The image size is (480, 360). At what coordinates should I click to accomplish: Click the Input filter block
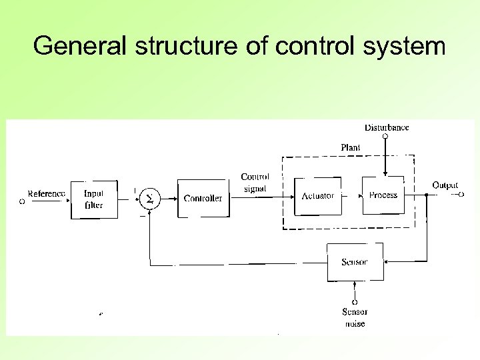94,199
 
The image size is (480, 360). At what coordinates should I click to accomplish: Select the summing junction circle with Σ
150,198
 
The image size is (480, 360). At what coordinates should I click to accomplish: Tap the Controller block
203,198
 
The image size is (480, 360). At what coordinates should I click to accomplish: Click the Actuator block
317,196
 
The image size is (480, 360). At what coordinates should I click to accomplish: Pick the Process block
383,195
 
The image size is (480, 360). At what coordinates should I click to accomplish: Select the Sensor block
354,262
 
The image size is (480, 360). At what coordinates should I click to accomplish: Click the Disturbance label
387,127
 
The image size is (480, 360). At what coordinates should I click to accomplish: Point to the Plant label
351,147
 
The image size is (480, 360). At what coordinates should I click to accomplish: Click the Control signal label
255,183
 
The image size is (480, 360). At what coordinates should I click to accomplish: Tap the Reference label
47,194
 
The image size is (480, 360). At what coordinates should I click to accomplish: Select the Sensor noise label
355,317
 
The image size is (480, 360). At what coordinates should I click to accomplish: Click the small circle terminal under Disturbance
385,136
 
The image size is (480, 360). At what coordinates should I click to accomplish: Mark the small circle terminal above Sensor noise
355,302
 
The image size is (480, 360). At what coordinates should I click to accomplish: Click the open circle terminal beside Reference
21,200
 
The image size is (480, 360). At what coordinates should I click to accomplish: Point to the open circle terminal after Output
460,195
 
